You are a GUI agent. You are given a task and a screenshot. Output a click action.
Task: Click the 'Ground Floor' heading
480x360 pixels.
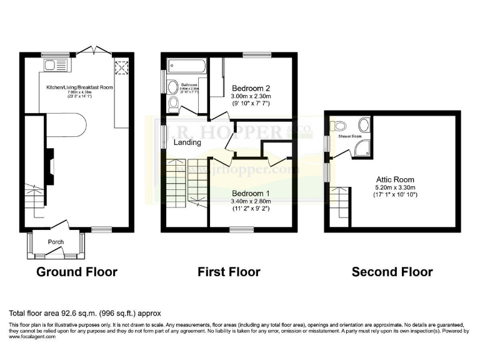tap(77, 272)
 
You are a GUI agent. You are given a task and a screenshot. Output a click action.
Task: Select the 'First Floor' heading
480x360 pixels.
tap(229, 272)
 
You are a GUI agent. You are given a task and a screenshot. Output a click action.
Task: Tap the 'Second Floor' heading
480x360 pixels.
tap(392, 272)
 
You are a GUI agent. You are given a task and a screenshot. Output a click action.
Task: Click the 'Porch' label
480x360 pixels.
tap(57, 242)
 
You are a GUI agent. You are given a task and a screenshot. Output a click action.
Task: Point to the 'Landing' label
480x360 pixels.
tap(187, 142)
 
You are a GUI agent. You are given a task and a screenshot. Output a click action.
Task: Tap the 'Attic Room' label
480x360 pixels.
tap(394, 179)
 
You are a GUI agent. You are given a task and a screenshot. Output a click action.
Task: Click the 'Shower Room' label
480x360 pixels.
tap(350, 136)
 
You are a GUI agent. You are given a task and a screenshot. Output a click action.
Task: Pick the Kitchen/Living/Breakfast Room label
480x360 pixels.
tap(79, 87)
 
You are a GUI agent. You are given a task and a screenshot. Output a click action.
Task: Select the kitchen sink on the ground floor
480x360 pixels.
tap(49, 64)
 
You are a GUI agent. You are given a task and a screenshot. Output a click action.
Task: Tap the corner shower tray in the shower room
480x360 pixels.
tap(362, 146)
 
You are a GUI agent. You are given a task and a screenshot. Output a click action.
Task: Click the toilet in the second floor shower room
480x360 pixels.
tap(338, 124)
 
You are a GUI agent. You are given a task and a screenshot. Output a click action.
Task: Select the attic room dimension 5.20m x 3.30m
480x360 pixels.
tap(395, 187)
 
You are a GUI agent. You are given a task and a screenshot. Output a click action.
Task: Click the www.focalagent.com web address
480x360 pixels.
tap(32, 337)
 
